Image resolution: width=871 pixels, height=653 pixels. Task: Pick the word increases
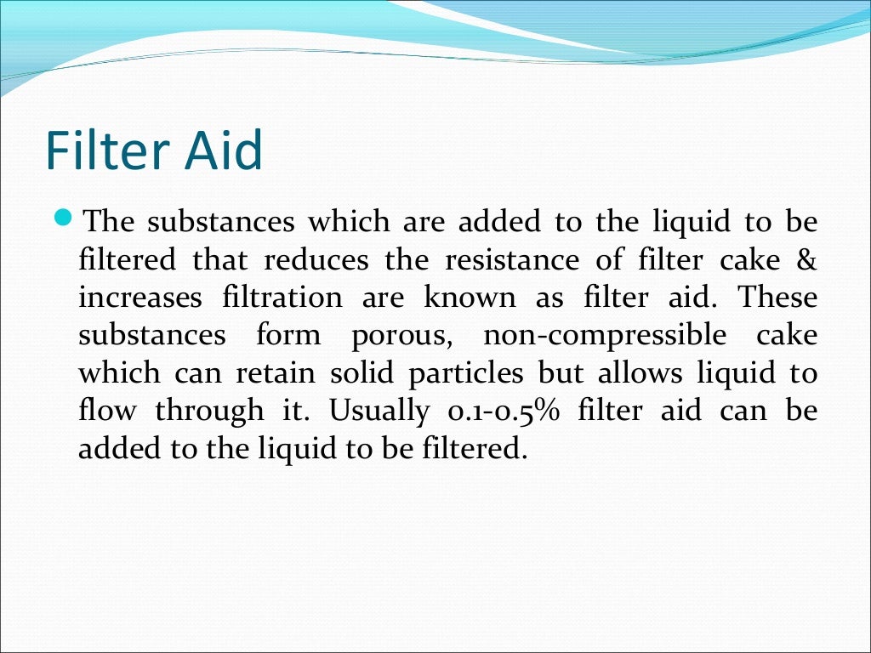pos(140,298)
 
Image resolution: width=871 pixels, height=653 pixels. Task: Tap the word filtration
pos(282,298)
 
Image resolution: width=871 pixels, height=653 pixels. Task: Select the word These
pos(777,298)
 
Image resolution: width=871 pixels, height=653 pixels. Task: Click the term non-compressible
pos(605,336)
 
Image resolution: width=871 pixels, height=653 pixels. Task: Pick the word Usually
pos(379,412)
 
